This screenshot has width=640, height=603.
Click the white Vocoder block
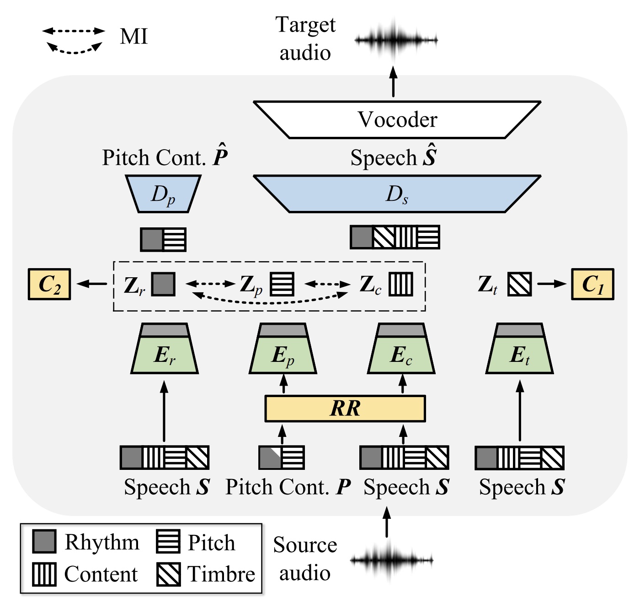coord(397,119)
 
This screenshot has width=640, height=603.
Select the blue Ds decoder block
coord(397,194)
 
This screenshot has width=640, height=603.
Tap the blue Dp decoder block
coord(163,194)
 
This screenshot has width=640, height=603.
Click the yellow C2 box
coord(49,284)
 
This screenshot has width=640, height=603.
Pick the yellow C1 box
coord(592,284)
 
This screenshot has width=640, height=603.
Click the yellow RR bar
coord(345,409)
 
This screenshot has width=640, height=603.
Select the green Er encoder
coord(165,355)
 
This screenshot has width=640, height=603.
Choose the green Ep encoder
coord(283,355)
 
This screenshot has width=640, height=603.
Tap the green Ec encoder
coord(401,355)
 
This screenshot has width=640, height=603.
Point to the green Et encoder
coord(520,355)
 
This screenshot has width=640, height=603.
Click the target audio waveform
coord(396,40)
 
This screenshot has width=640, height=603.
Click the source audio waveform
coord(391,560)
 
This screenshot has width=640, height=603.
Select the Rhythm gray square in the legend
coord(44,542)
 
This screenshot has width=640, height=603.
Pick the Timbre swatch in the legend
coord(168,574)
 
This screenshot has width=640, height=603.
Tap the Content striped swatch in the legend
coord(44,574)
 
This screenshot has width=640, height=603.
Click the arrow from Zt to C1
coord(551,284)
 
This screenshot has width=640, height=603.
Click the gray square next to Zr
coord(163,284)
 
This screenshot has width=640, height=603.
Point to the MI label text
coord(133,37)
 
